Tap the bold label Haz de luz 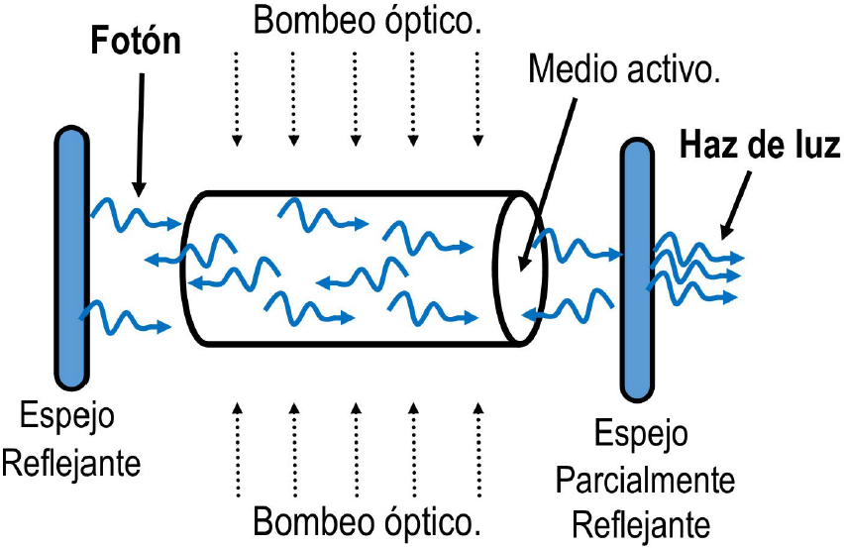click(x=760, y=147)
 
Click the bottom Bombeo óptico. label click(x=369, y=519)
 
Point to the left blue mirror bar click(x=71, y=257)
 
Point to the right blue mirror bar click(x=635, y=270)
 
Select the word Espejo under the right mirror click(x=645, y=435)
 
